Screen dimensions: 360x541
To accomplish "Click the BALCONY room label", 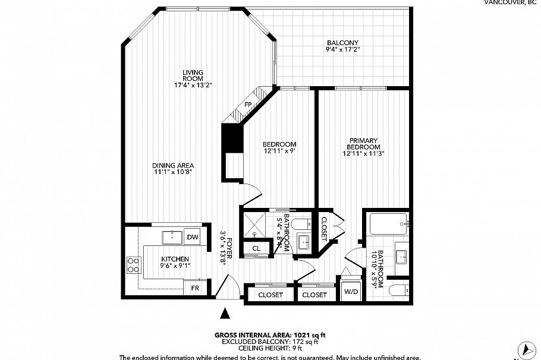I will [x=342, y=43].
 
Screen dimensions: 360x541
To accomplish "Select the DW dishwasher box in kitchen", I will [x=192, y=237].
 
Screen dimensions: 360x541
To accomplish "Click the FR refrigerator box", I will [x=194, y=289].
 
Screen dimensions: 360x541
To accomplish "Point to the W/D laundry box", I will [x=351, y=291].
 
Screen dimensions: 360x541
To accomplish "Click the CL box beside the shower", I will [x=256, y=248].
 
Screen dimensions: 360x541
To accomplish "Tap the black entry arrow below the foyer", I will [x=225, y=313].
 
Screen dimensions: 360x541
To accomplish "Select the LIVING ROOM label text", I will [x=193, y=75].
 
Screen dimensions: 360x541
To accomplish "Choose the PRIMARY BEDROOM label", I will [x=363, y=144].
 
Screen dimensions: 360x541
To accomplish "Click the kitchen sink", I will [x=174, y=236].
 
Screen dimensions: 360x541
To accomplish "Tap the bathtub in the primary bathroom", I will [x=387, y=224].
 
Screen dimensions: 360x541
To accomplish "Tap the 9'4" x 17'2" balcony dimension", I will [x=342, y=50].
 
